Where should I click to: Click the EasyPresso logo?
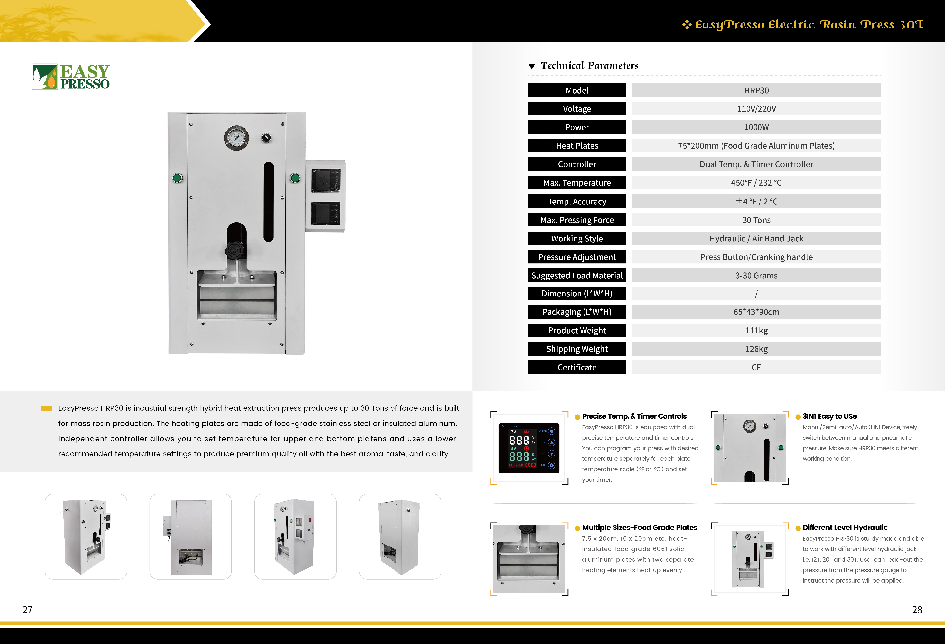pos(71,76)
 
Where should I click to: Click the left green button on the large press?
pos(177,178)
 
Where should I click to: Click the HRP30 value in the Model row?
pos(756,90)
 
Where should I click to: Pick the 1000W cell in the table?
pos(756,127)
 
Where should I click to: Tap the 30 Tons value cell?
pos(756,220)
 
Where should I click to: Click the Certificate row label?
pos(577,367)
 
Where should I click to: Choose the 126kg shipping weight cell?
pos(756,349)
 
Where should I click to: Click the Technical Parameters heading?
pos(589,65)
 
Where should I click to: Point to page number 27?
pos(27,609)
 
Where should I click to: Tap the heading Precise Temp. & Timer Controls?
pos(634,416)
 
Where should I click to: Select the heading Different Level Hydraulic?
pos(845,527)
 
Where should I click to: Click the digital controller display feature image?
pos(529,448)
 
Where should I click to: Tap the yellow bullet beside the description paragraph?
pos(46,408)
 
